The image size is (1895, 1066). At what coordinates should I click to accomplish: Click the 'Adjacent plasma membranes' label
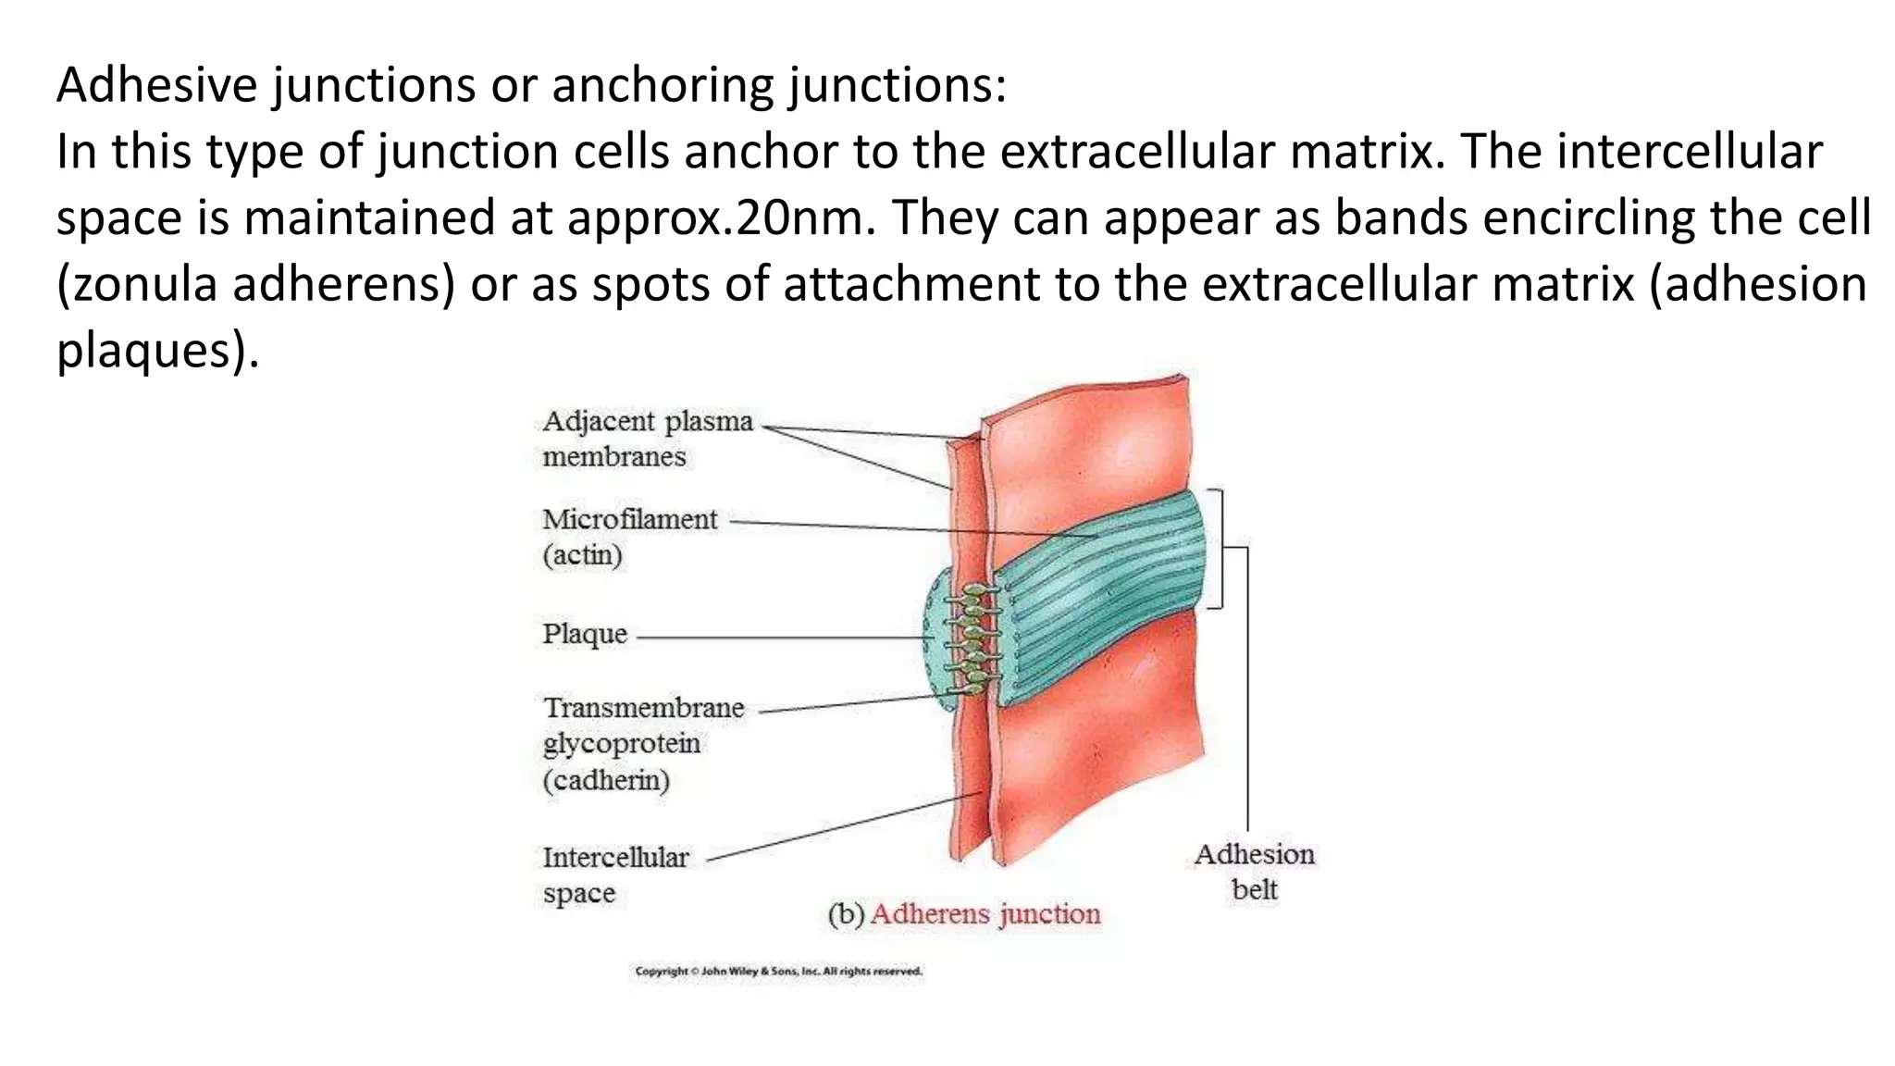647,439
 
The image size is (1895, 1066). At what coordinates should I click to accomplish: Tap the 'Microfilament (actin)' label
629,537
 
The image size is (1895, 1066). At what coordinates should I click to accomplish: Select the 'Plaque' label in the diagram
585,635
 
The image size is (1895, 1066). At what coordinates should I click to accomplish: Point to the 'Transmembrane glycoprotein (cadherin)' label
643,744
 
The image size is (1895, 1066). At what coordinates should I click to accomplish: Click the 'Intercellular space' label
615,874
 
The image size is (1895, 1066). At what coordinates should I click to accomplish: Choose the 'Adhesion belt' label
1254,872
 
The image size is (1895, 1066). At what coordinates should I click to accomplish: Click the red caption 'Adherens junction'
985,914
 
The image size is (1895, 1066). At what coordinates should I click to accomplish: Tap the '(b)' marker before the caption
846,914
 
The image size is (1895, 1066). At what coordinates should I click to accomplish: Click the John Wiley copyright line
778,972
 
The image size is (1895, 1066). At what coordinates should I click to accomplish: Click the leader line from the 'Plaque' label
777,638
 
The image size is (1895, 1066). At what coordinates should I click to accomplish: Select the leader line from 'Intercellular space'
842,826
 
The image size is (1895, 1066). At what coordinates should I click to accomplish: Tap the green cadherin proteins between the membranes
972,638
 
